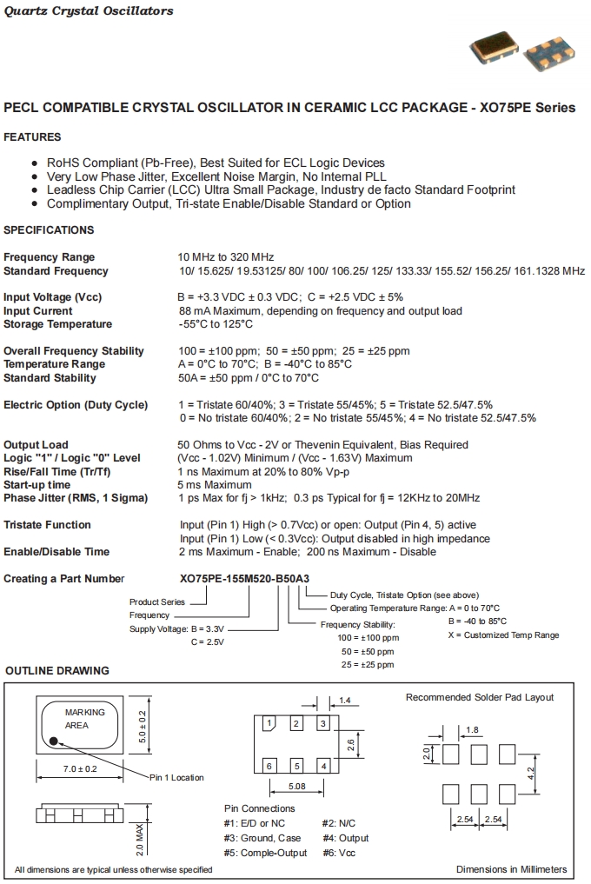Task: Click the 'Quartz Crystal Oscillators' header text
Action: point(89,11)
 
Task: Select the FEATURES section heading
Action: point(32,137)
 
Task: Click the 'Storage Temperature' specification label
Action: point(57,324)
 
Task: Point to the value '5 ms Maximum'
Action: point(215,485)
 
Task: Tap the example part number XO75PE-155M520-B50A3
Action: point(244,579)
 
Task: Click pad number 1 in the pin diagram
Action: point(270,724)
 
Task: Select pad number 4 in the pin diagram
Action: point(322,766)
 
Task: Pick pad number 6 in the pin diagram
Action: point(270,766)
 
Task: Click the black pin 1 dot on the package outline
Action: point(54,741)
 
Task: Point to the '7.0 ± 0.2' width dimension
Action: point(79,770)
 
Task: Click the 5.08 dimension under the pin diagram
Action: point(297,788)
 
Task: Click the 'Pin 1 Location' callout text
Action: point(176,777)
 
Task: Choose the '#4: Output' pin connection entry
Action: point(345,838)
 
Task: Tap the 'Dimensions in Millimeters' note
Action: point(511,869)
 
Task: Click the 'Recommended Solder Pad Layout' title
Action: point(480,697)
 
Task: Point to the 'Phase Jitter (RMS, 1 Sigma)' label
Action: point(76,498)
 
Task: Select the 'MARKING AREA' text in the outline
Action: point(84,718)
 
